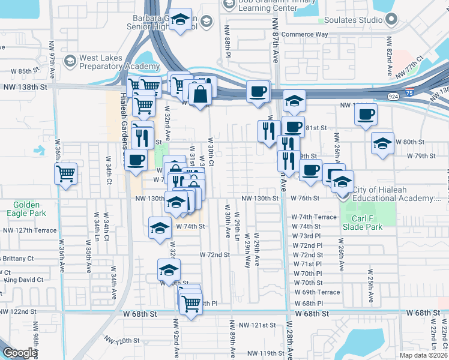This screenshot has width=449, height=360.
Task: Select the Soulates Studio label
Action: (x=354, y=20)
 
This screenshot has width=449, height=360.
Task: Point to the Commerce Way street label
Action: (x=305, y=34)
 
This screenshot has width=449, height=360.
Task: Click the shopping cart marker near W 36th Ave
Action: (x=66, y=173)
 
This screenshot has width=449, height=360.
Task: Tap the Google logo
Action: (x=20, y=353)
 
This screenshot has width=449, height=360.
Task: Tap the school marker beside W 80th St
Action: (x=382, y=143)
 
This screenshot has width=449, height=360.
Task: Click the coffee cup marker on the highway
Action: (x=258, y=92)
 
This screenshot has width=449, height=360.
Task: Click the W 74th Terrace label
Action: (x=314, y=217)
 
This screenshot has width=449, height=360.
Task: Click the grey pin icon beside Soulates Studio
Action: (x=391, y=20)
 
